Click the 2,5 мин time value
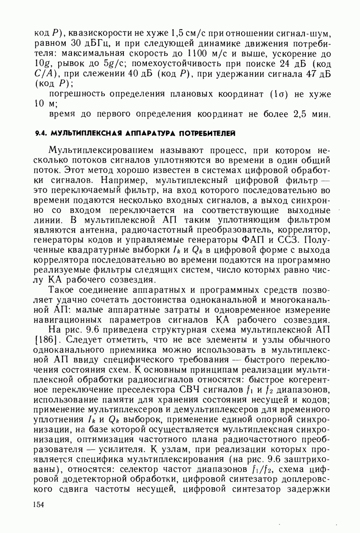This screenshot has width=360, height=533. tap(311, 114)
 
